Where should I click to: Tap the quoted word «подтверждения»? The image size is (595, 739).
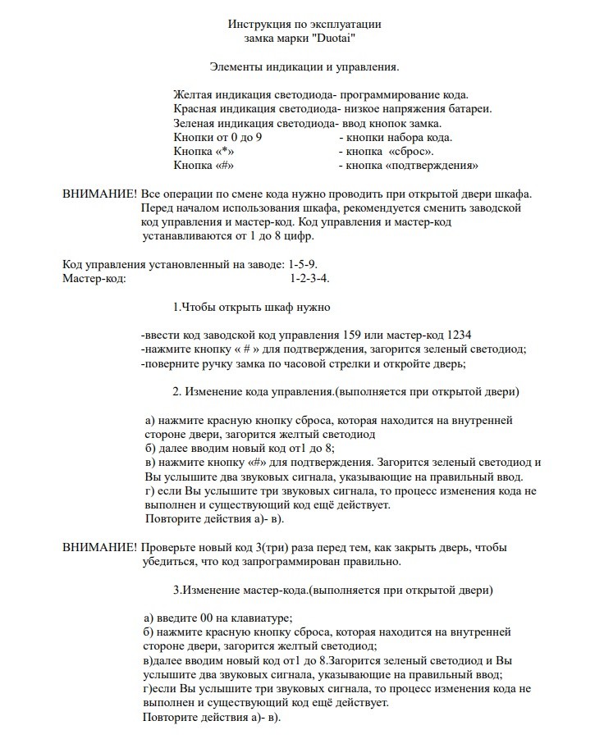point(433,166)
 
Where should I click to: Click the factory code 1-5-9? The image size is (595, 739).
point(304,265)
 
